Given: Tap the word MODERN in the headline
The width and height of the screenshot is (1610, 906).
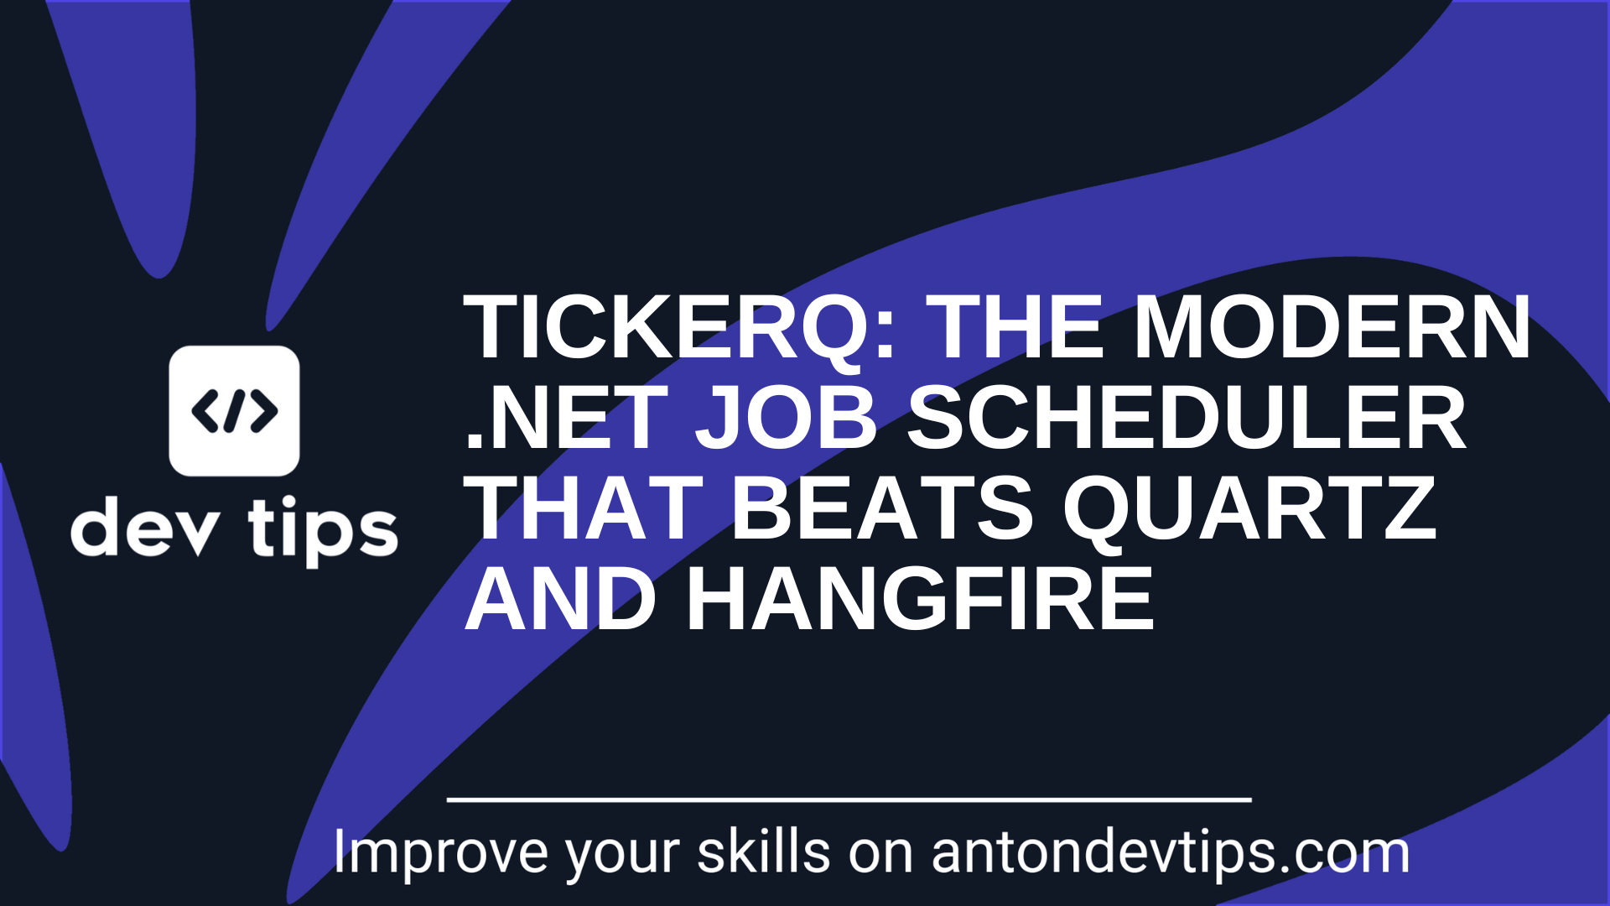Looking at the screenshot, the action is pyautogui.click(x=1332, y=328).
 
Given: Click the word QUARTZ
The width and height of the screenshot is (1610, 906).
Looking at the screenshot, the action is pyautogui.click(x=1250, y=509).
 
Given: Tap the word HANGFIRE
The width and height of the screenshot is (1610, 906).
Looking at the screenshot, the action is pyautogui.click(x=920, y=598).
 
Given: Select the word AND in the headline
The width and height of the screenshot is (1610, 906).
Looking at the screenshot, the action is pyautogui.click(x=561, y=598).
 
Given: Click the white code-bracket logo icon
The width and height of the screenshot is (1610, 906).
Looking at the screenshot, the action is pyautogui.click(x=234, y=411).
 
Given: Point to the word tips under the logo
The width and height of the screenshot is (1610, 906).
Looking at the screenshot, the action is pyautogui.click(x=323, y=531).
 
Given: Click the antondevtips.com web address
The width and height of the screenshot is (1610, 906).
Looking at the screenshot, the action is pyautogui.click(x=1171, y=853).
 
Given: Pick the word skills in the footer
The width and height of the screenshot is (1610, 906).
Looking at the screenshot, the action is pyautogui.click(x=763, y=851).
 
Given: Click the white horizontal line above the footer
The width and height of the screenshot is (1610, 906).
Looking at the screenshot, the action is pyautogui.click(x=849, y=800).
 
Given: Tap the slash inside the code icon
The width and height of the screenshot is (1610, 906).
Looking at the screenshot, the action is pyautogui.click(x=235, y=411).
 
